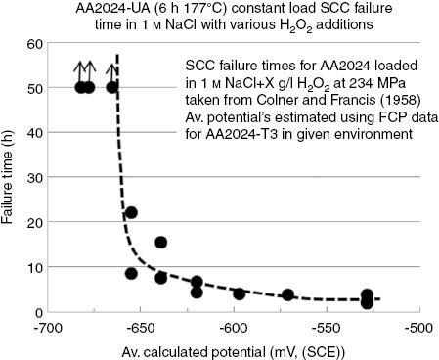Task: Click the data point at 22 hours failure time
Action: [131, 213]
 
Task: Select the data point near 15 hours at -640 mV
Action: [160, 243]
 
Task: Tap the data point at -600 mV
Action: [239, 293]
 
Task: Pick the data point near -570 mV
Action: [287, 294]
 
